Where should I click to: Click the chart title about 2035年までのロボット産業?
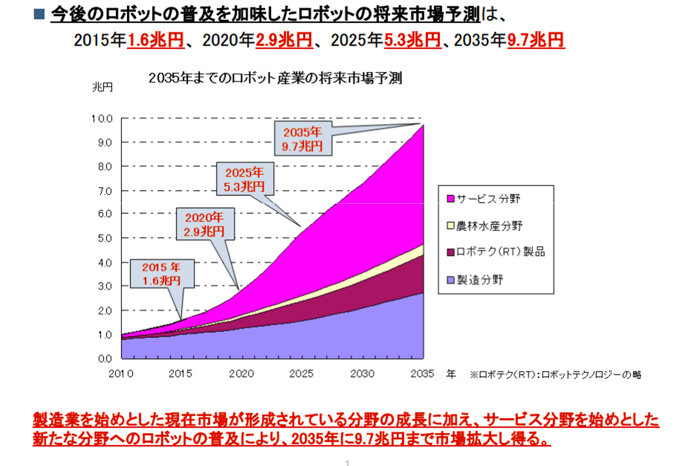(275, 78)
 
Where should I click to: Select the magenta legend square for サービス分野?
(450, 198)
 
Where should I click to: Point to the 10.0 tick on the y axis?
(102, 118)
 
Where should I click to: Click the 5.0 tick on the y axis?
(105, 238)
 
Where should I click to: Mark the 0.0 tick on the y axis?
(105, 358)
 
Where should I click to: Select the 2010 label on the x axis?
(121, 374)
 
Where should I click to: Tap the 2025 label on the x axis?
(301, 374)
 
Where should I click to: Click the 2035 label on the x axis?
(422, 374)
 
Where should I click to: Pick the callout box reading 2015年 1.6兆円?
(162, 274)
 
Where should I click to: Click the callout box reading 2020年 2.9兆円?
(205, 224)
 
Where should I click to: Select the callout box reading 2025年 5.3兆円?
(245, 179)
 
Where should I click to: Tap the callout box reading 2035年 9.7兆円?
(303, 139)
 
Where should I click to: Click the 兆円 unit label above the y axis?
(102, 87)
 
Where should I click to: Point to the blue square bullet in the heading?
(39, 14)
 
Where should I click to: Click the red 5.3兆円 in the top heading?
(413, 40)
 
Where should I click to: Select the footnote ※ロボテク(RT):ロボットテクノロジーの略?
(555, 375)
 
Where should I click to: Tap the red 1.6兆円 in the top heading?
(156, 40)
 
